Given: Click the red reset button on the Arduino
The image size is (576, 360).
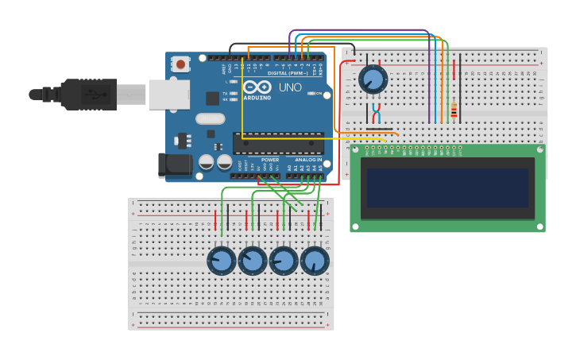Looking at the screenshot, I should tap(181, 64).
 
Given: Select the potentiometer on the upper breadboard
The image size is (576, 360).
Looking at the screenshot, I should tap(373, 79).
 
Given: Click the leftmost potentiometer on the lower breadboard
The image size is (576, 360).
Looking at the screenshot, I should tap(222, 261).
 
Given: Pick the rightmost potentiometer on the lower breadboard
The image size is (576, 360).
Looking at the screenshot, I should tap(315, 261).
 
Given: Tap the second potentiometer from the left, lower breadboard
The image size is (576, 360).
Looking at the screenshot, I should tap(253, 261).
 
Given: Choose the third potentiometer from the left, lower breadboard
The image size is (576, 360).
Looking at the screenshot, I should tap(284, 261).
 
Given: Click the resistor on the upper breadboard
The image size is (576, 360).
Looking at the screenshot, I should tap(454, 110).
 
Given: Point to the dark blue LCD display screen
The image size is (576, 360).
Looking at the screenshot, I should tap(446, 188).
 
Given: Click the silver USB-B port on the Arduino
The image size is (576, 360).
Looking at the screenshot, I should tap(168, 94).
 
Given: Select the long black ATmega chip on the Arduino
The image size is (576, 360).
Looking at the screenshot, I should tap(278, 143).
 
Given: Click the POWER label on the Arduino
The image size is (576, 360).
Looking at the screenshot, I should tap(270, 160).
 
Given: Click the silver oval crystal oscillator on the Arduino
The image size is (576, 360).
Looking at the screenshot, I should tap(210, 119).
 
